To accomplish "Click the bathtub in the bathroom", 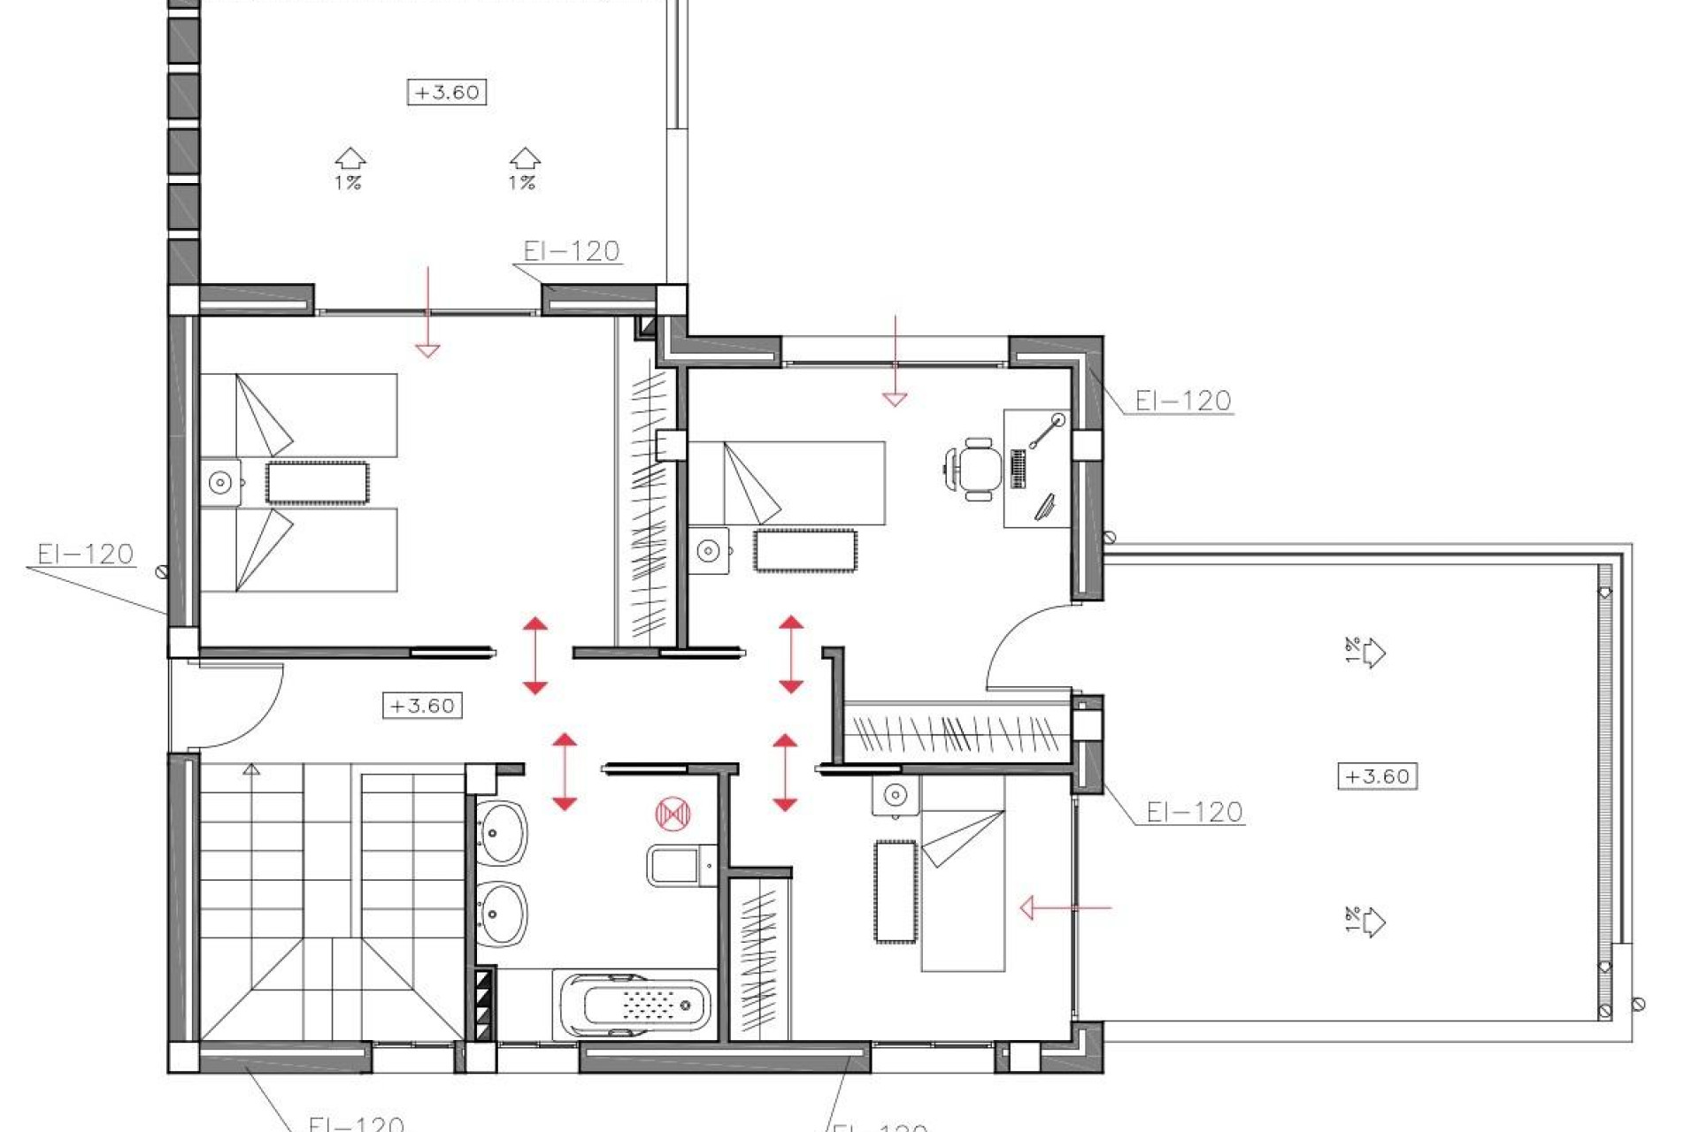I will click(x=634, y=1006).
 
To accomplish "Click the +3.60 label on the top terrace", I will click(x=447, y=92).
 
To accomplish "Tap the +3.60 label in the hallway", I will click(x=422, y=706).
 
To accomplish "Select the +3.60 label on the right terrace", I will click(x=1377, y=776).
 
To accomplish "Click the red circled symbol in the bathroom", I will click(x=673, y=814).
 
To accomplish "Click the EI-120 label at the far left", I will click(x=85, y=555).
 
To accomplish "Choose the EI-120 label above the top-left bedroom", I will click(x=571, y=251).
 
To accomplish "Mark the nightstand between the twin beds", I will click(x=220, y=483).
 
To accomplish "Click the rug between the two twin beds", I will click(x=317, y=483).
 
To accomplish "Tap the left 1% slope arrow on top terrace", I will click(x=350, y=168).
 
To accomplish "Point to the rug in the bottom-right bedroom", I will click(x=895, y=891).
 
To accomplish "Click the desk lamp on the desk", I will click(x=1048, y=430).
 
